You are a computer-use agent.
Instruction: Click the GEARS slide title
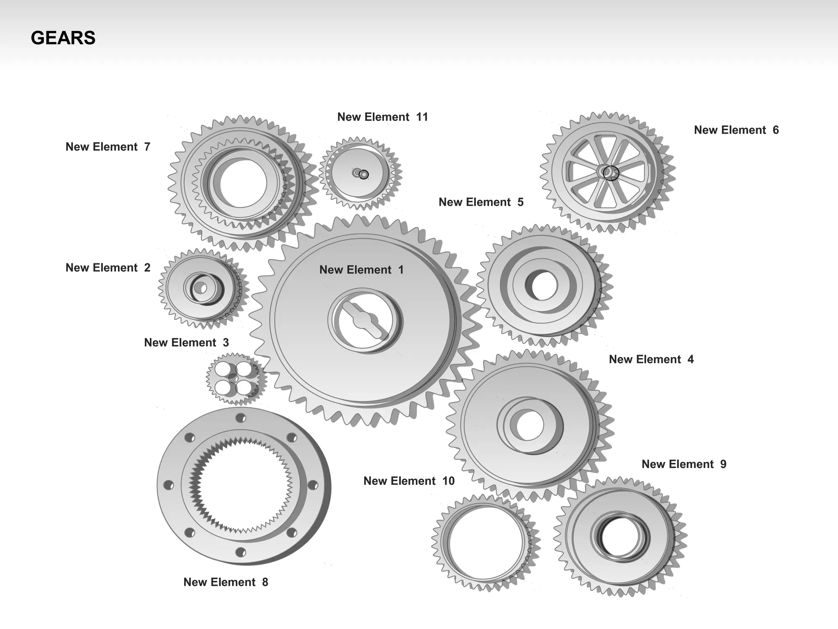[63, 38]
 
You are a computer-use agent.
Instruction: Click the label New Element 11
[382, 117]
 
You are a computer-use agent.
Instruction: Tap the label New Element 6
[736, 130]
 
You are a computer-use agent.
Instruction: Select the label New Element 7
[108, 147]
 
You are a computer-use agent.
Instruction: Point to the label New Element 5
[481, 202]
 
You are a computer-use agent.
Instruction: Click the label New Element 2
[108, 268]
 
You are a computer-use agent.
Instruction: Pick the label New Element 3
[186, 343]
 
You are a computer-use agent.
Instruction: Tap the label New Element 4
[651, 360]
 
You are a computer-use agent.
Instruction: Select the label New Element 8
[225, 582]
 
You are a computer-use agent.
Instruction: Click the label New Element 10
[409, 481]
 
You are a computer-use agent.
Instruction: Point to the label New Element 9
[684, 464]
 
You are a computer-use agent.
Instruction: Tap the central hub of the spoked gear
[607, 172]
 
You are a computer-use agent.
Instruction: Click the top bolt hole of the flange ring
[241, 418]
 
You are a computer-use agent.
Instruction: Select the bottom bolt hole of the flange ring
[241, 552]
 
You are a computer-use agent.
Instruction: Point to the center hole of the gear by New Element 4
[529, 425]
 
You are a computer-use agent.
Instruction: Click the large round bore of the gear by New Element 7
[243, 183]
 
